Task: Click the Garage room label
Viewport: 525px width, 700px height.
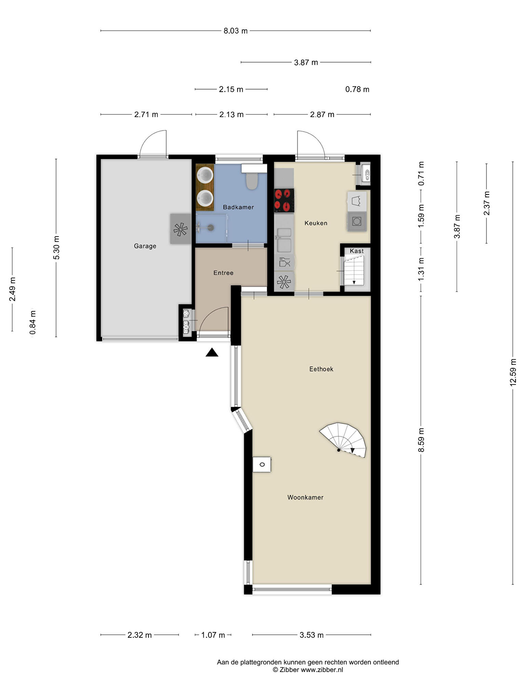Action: (145, 246)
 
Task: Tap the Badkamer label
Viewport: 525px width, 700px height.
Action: (238, 207)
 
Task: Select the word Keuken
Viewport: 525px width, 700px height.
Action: (316, 223)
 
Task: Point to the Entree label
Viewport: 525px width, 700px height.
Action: (223, 273)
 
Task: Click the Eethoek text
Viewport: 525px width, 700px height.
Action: (321, 369)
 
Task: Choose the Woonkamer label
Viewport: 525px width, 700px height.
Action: (305, 498)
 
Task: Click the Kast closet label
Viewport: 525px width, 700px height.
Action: (356, 251)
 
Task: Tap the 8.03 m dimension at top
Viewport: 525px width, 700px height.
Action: (235, 31)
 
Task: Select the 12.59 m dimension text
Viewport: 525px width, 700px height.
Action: (513, 372)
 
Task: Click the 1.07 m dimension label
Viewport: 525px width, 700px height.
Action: (213, 635)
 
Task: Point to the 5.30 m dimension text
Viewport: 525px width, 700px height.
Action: (56, 248)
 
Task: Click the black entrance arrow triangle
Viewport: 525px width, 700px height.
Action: (212, 352)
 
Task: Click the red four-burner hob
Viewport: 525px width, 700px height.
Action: (284, 200)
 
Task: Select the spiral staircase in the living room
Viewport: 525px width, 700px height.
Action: (343, 440)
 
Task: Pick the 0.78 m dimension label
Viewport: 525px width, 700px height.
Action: (357, 90)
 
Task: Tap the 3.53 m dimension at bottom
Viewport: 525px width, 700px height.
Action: (311, 635)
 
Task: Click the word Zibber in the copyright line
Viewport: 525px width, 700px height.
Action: (289, 670)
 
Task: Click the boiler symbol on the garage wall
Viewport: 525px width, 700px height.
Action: (181, 229)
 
